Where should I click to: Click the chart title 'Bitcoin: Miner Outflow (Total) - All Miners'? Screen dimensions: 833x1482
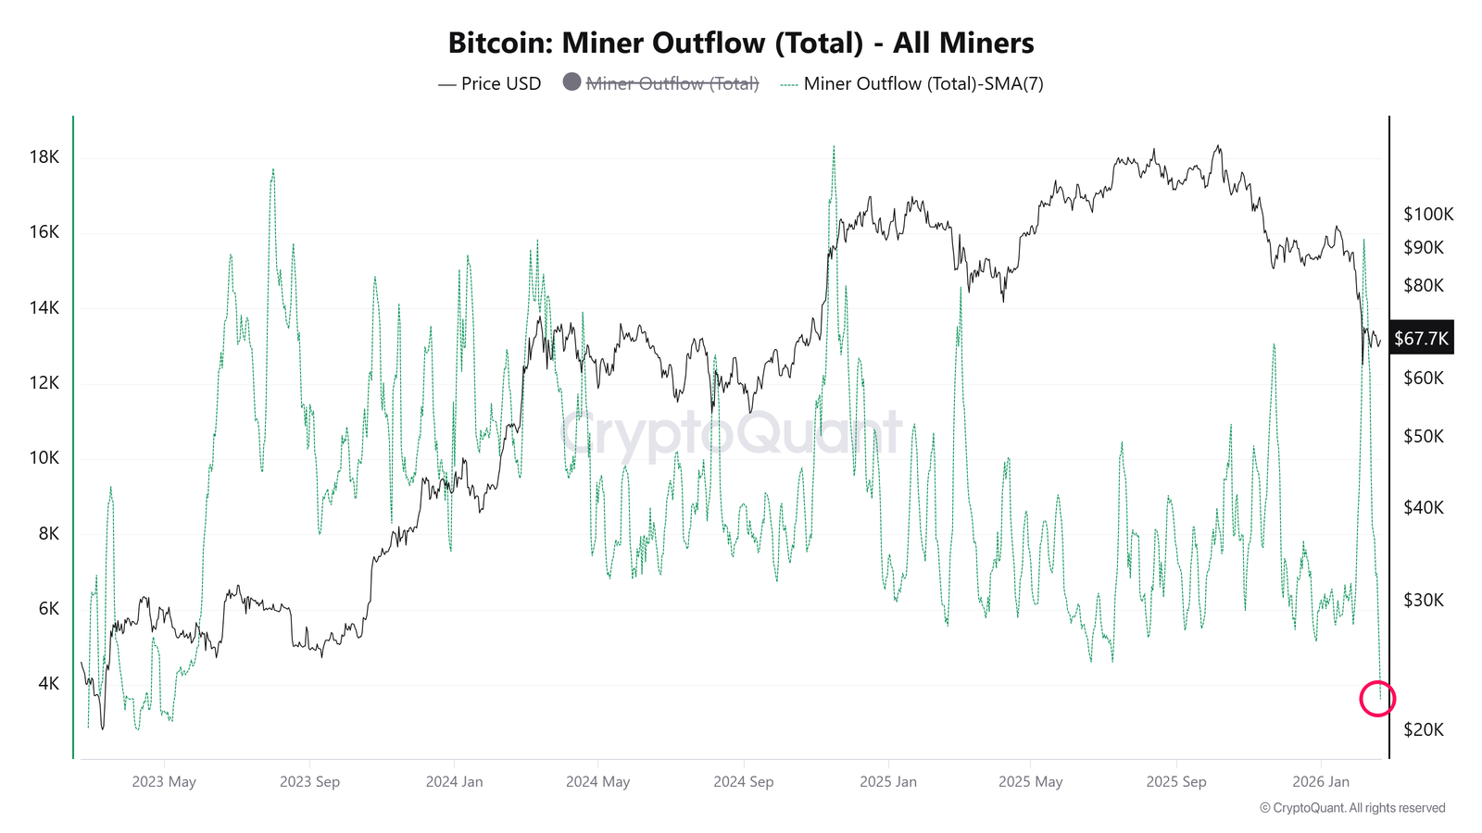pyautogui.click(x=741, y=43)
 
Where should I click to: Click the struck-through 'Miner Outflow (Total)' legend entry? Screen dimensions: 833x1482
pyautogui.click(x=672, y=83)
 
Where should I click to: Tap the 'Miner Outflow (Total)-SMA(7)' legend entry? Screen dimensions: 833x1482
pyautogui.click(x=923, y=83)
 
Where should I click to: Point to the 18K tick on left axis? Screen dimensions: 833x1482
pyautogui.click(x=44, y=156)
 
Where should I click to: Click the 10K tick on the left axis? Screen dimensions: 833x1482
pyautogui.click(x=44, y=457)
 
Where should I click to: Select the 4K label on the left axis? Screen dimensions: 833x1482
pyautogui.click(x=48, y=683)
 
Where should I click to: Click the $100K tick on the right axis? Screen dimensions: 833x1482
pyautogui.click(x=1428, y=214)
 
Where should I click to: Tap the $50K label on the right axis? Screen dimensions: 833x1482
pyautogui.click(x=1424, y=436)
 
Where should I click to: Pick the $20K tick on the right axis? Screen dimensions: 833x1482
pyautogui.click(x=1424, y=729)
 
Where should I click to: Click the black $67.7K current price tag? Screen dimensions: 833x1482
pyautogui.click(x=1421, y=338)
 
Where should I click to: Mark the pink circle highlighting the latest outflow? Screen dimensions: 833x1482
pyautogui.click(x=1377, y=698)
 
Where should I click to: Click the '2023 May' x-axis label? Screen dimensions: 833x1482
pyautogui.click(x=164, y=781)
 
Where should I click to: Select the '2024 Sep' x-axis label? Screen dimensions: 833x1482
pyautogui.click(x=743, y=781)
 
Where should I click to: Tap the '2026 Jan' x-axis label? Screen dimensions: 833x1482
pyautogui.click(x=1321, y=781)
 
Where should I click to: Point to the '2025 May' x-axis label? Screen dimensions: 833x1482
pyautogui.click(x=1030, y=781)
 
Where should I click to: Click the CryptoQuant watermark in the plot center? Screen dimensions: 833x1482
pyautogui.click(x=732, y=431)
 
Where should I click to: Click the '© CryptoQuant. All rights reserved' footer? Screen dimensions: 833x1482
pyautogui.click(x=1352, y=808)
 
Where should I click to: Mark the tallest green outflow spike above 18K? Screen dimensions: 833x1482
pyautogui.click(x=834, y=148)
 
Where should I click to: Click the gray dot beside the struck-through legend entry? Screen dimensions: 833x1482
pyautogui.click(x=571, y=81)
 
